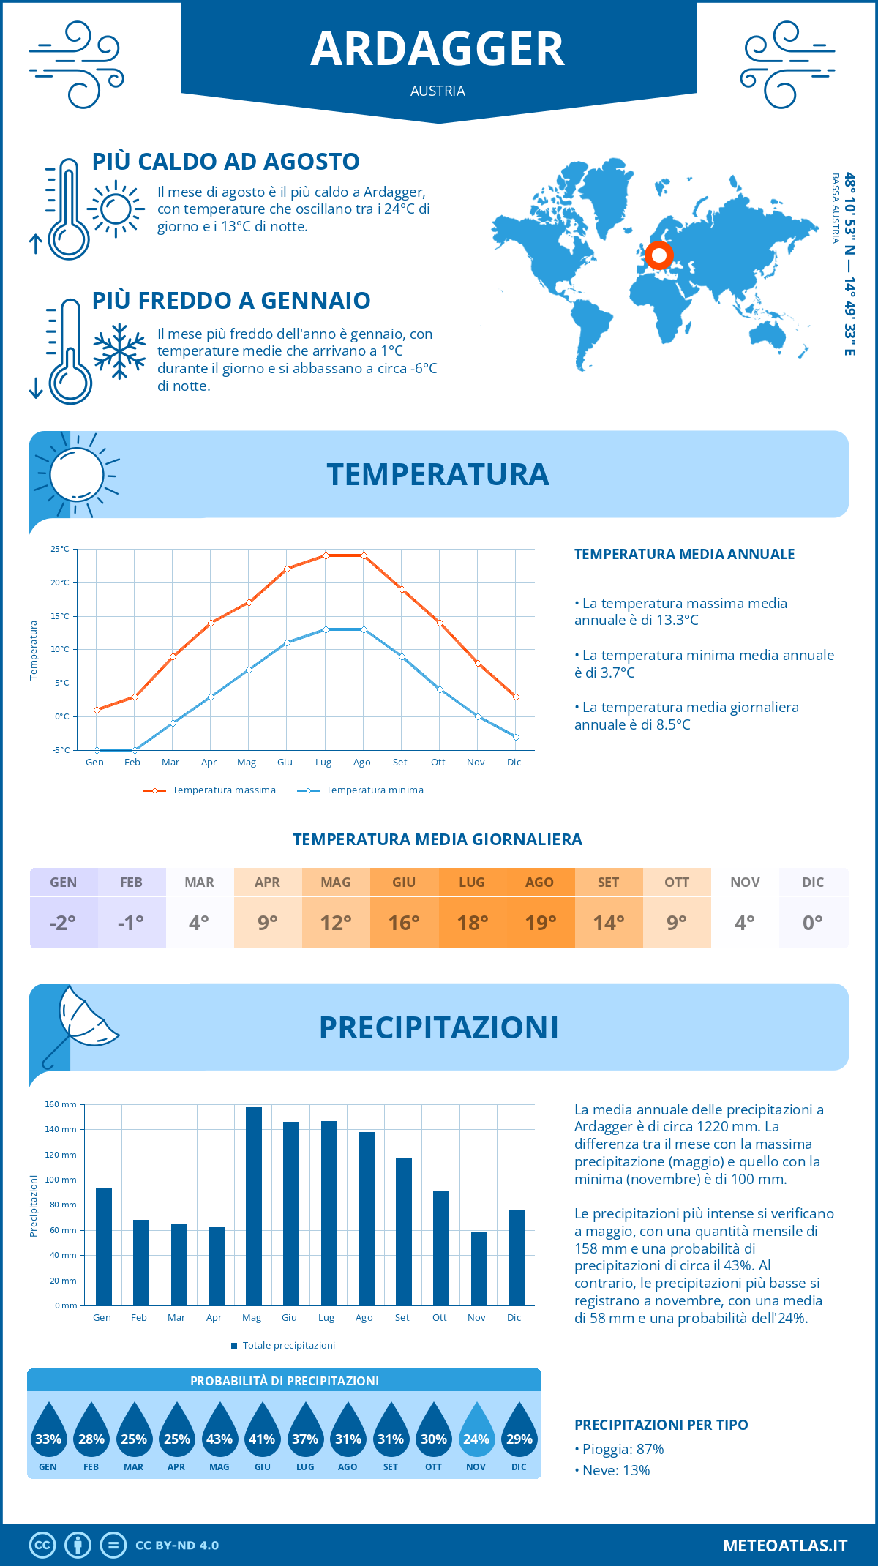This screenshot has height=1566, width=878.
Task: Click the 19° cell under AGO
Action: point(541,923)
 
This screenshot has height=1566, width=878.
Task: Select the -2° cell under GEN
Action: point(63,923)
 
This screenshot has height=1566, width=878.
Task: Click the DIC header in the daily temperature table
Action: point(813,883)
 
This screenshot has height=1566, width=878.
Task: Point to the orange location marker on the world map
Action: point(659,255)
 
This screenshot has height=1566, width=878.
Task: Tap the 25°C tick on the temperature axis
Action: point(60,549)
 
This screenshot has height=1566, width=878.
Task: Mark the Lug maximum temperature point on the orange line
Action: point(326,555)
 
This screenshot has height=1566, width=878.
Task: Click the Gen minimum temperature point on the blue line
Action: point(97,750)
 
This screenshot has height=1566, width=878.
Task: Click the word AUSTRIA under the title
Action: point(438,91)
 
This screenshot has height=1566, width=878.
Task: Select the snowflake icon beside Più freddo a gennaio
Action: point(119,351)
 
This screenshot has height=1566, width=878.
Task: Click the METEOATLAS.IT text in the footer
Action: point(785,1546)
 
